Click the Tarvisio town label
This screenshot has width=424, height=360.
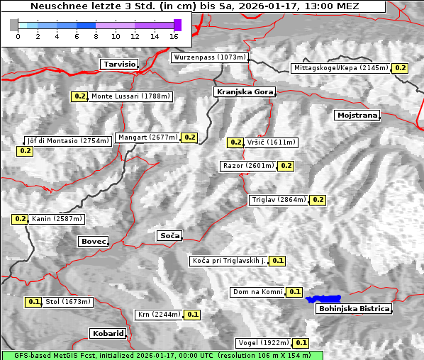pos(118,64)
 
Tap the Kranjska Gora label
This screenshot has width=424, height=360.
pos(242,92)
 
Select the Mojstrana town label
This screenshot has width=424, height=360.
pos(357,115)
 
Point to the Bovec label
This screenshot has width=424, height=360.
pos(93,242)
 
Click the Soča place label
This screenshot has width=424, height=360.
pos(169,235)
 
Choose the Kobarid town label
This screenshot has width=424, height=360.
pos(108,333)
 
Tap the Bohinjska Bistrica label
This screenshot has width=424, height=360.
pos(354,309)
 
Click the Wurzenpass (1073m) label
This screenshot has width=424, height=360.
pos(210,57)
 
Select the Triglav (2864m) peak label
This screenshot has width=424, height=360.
pos(279,200)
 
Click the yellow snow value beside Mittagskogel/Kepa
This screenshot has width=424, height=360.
pos(401,68)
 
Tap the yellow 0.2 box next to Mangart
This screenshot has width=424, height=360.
pos(189,137)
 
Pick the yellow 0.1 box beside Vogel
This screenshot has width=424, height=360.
pos(301,343)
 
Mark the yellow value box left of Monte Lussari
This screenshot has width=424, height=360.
pos(79,96)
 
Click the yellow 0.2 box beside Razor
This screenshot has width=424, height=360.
pos(286,166)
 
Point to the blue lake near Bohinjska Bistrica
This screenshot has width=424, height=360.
pos(323,299)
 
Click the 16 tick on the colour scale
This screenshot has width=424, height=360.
pos(174,35)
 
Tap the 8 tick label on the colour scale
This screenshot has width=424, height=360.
pos(96,35)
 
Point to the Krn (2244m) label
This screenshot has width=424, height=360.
pos(158,315)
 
